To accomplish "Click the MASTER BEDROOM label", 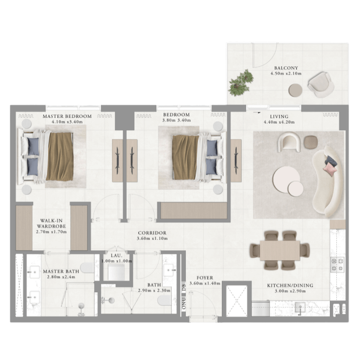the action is coord(67,116).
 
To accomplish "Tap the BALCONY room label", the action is coord(286,68).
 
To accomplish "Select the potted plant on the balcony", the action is coord(241,82).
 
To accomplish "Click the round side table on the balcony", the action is coord(295,90).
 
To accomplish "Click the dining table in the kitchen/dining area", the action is coord(280,250).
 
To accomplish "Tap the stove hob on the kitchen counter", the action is coord(337,265).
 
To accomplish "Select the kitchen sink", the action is coord(300,307).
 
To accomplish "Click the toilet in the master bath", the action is coord(87,268).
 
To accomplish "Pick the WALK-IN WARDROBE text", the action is coord(52,224).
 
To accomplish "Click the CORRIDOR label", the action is coord(152,233).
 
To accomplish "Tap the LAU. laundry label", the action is coord(116,255).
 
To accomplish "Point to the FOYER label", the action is coord(205,278).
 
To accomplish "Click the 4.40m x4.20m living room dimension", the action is coord(279,122).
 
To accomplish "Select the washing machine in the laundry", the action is coord(116,272).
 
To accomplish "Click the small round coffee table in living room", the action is coord(296,189).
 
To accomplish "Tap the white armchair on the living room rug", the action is coord(289,143).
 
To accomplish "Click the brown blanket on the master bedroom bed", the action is coord(60,157).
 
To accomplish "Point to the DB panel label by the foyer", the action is coord(183,287).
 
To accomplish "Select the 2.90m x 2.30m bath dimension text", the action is coord(154,290).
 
